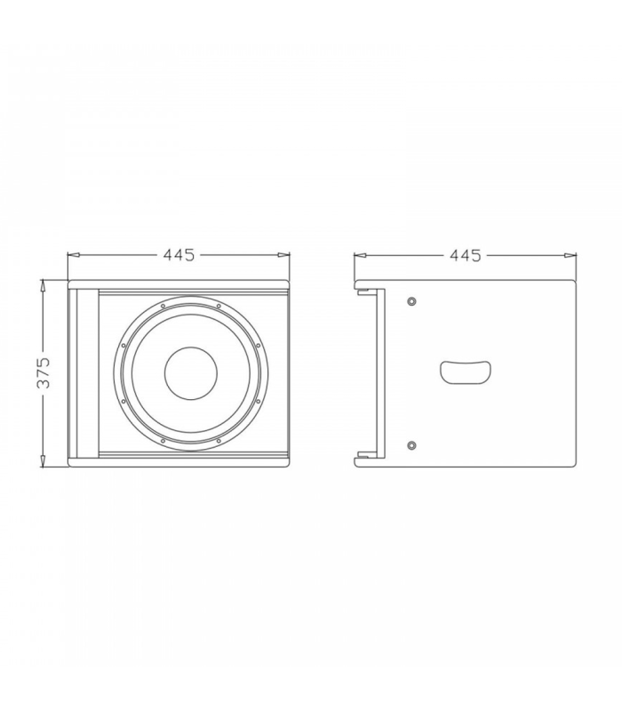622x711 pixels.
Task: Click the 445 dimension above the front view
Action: (x=179, y=255)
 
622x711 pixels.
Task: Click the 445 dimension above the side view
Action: (x=465, y=255)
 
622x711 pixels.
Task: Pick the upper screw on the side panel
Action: (x=411, y=302)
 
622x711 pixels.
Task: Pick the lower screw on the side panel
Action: (x=411, y=444)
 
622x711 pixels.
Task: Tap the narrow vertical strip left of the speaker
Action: (x=86, y=373)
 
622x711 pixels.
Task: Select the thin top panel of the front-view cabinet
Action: (x=179, y=286)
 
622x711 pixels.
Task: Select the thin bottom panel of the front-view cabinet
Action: (x=179, y=460)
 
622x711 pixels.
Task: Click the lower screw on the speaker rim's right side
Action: (x=256, y=403)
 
